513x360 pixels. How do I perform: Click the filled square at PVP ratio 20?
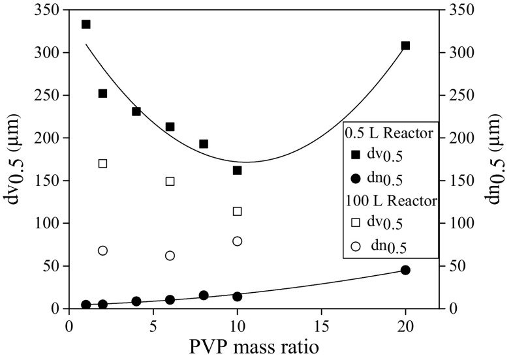[x=405, y=46]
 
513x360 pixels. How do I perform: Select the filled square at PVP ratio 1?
[x=85, y=24]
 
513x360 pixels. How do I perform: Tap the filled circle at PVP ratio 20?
[x=405, y=270]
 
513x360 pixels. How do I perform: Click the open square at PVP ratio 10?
[x=238, y=211]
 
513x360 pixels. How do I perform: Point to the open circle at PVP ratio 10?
[x=238, y=241]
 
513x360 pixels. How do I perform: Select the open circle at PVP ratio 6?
[x=170, y=256]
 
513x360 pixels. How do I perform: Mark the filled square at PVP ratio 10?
[x=238, y=170]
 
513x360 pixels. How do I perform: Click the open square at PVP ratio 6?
[x=170, y=181]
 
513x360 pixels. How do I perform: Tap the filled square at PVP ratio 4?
[x=136, y=112]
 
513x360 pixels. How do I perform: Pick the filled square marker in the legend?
[x=356, y=154]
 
